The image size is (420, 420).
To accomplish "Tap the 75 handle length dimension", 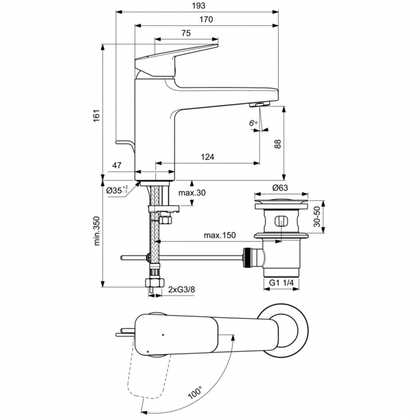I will click(185, 34).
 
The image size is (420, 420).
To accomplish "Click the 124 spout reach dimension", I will click(207, 157).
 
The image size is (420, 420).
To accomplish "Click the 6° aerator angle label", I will click(253, 123).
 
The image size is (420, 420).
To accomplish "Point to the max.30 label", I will click(192, 193).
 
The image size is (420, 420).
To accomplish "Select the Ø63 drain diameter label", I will click(280, 188).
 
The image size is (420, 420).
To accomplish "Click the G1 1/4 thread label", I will click(281, 283).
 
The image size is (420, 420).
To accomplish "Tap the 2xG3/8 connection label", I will click(182, 289).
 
